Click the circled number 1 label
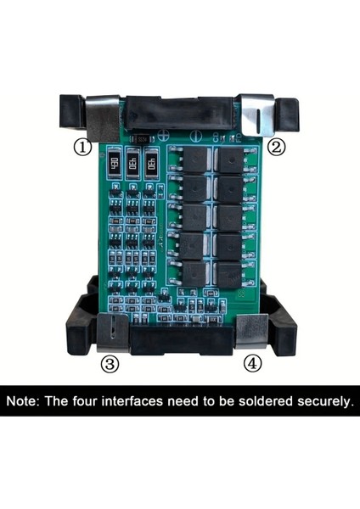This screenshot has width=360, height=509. click(82, 147)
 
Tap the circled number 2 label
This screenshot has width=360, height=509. click(277, 146)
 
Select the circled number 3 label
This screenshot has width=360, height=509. click(110, 364)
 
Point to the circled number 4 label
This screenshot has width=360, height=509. click(252, 364)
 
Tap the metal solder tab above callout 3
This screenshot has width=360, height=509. click(111, 331)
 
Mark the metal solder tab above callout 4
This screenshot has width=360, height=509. click(251, 331)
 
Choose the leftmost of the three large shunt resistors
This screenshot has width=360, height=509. click(114, 162)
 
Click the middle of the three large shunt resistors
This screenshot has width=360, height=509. click(132, 162)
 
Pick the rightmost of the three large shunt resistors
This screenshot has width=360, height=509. click(151, 162)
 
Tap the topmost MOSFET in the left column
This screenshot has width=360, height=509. click(190, 161)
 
